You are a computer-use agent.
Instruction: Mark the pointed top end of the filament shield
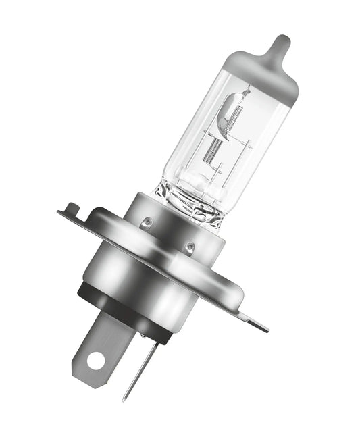(x=247, y=88)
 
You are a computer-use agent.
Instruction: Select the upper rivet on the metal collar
(x=148, y=221)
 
